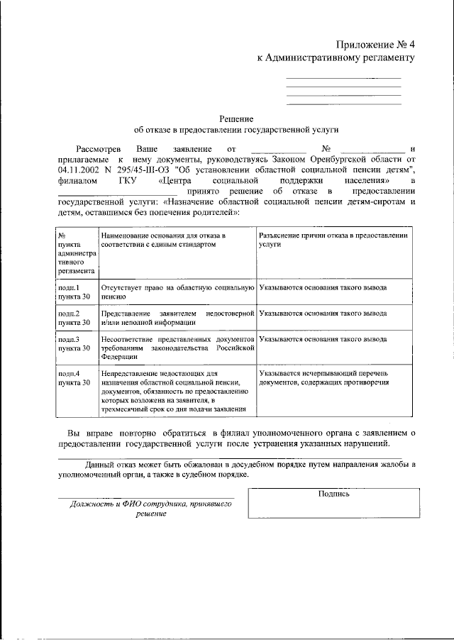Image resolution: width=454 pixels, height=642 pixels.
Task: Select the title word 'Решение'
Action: pos(236,118)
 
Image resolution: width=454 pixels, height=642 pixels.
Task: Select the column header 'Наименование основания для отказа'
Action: pos(163,238)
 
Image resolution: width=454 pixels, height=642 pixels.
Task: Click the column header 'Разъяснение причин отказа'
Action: pos(333,238)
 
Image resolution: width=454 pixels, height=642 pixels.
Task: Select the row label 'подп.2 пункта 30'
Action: pos(74,317)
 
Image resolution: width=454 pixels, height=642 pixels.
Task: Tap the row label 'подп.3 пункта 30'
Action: pos(74,343)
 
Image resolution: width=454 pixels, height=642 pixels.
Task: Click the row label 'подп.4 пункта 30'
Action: pos(74,377)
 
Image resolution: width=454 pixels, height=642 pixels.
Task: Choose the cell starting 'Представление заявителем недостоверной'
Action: pos(177,317)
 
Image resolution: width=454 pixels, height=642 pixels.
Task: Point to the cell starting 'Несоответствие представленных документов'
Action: pos(177,348)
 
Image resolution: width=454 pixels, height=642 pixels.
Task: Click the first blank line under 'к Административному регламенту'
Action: pos(343,77)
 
